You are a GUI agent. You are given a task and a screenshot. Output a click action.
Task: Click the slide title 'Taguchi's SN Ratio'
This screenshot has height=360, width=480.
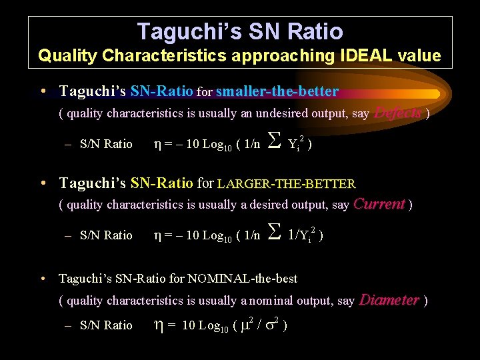click(240, 31)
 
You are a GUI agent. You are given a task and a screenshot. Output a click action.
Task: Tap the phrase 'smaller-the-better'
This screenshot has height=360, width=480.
click(277, 91)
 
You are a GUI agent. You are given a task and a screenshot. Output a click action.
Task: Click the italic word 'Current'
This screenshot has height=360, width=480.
click(379, 204)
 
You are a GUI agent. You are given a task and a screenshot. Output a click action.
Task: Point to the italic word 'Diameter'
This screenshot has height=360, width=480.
click(389, 300)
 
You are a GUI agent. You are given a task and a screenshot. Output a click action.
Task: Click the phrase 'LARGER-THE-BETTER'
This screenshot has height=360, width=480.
click(287, 183)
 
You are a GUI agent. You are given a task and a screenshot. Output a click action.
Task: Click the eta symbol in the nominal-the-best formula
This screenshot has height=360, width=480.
click(159, 325)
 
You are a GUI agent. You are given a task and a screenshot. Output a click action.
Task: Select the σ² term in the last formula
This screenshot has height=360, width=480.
click(273, 325)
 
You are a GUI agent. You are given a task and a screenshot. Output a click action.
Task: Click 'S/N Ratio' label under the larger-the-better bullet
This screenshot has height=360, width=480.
click(106, 235)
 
